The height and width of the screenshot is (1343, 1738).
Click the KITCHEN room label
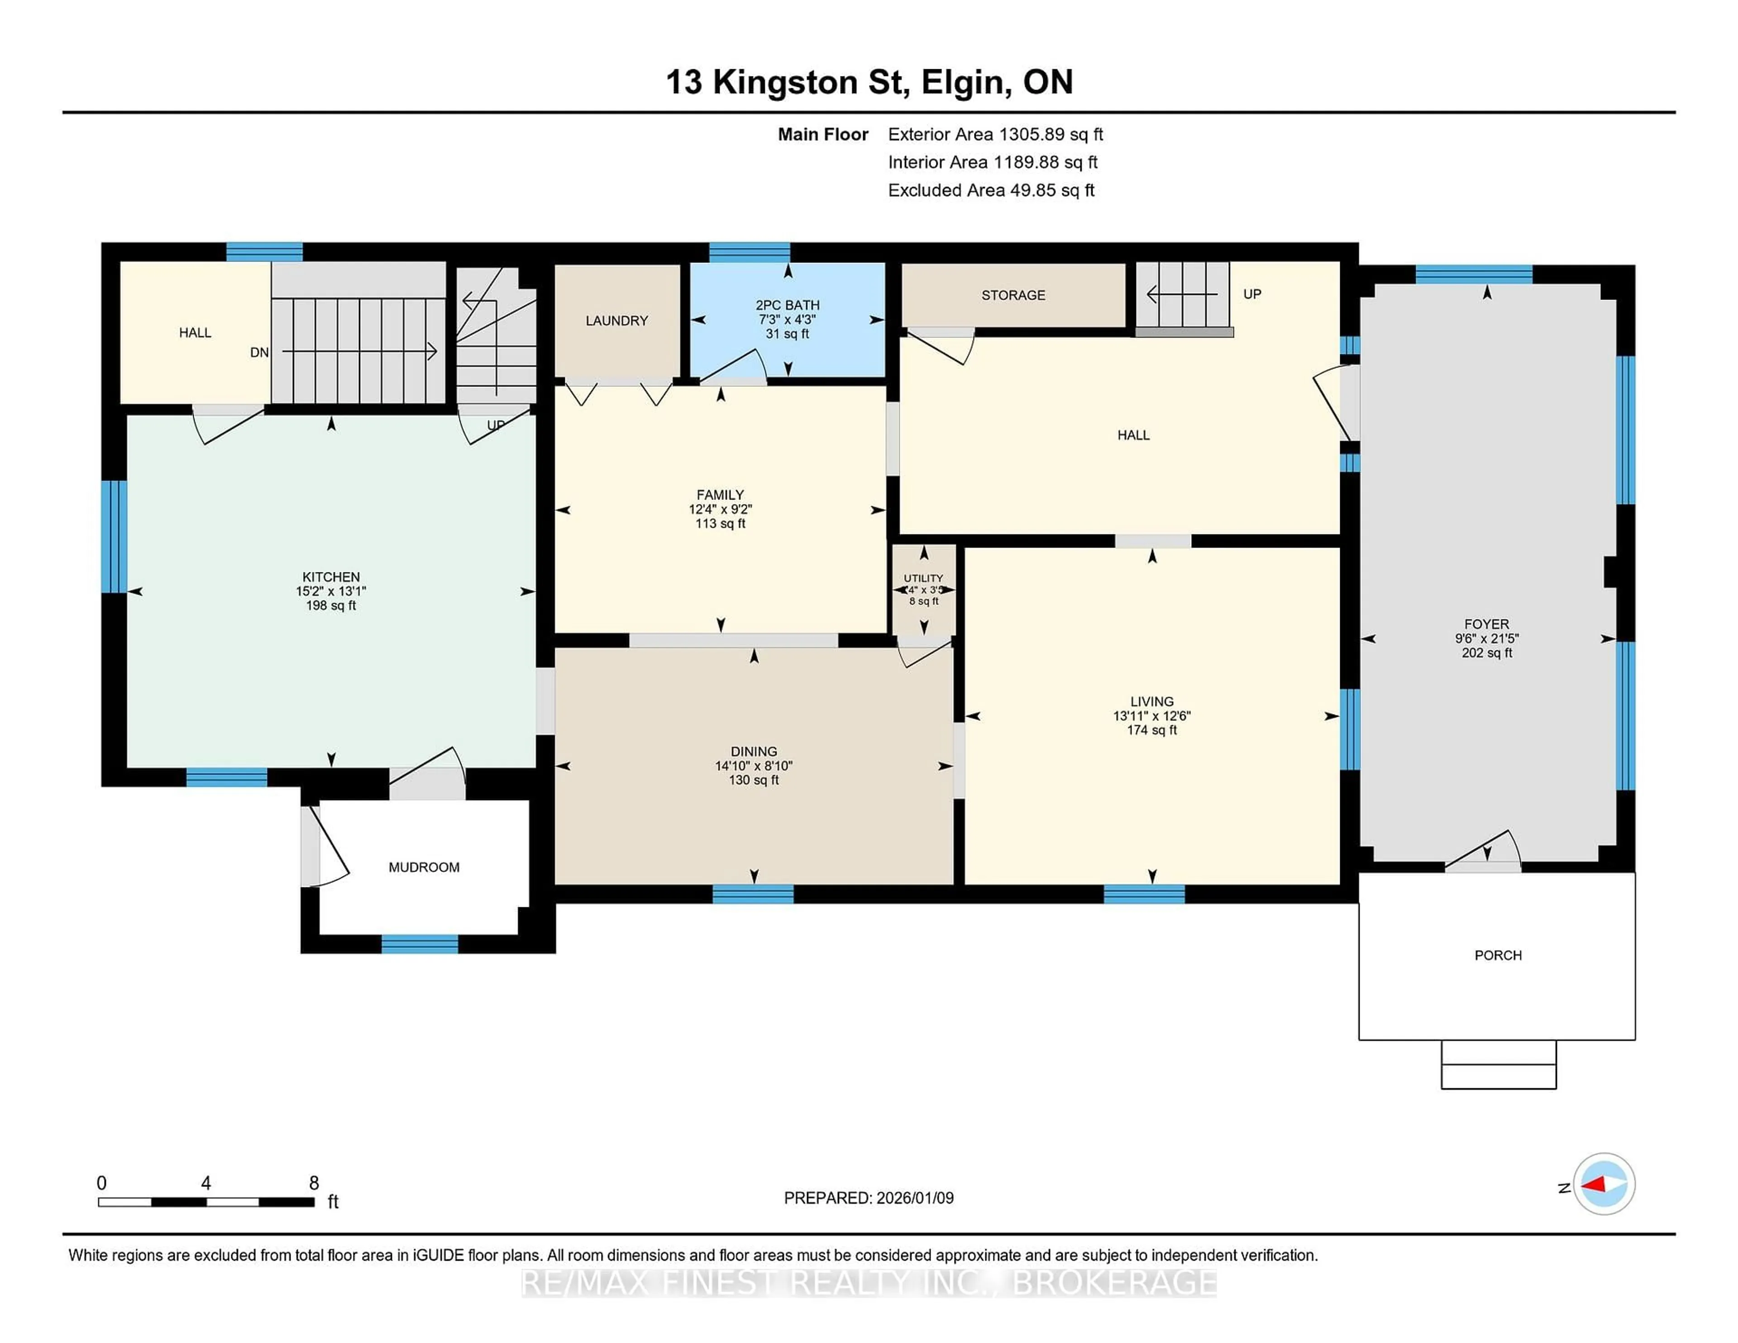click(331, 577)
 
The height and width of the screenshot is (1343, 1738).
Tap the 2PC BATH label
click(787, 305)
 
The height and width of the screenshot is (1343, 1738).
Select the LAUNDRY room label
click(617, 321)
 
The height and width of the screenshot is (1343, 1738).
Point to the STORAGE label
click(1013, 295)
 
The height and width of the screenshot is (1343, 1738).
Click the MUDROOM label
click(423, 867)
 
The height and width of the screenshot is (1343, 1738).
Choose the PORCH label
click(1498, 955)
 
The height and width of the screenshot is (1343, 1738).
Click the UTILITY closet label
click(923, 578)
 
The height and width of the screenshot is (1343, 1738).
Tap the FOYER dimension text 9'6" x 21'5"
click(1486, 638)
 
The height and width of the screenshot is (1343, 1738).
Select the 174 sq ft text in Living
click(1151, 729)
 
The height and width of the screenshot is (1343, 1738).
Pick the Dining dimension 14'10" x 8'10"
click(754, 765)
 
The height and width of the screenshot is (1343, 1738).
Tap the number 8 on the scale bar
click(314, 1183)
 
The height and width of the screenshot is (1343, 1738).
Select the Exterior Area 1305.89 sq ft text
click(995, 134)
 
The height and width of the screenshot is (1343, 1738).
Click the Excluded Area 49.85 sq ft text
click(991, 190)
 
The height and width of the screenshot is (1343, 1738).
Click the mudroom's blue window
click(420, 943)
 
